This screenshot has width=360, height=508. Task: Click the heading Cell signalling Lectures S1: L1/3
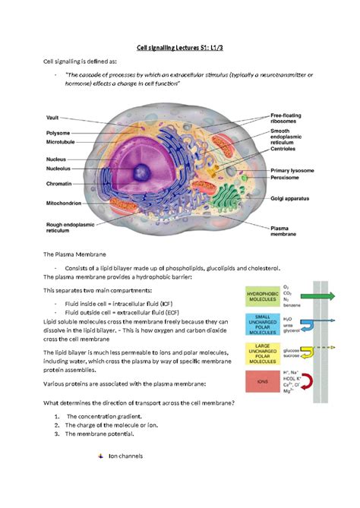(179, 46)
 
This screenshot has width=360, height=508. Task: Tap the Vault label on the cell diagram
(52, 118)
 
